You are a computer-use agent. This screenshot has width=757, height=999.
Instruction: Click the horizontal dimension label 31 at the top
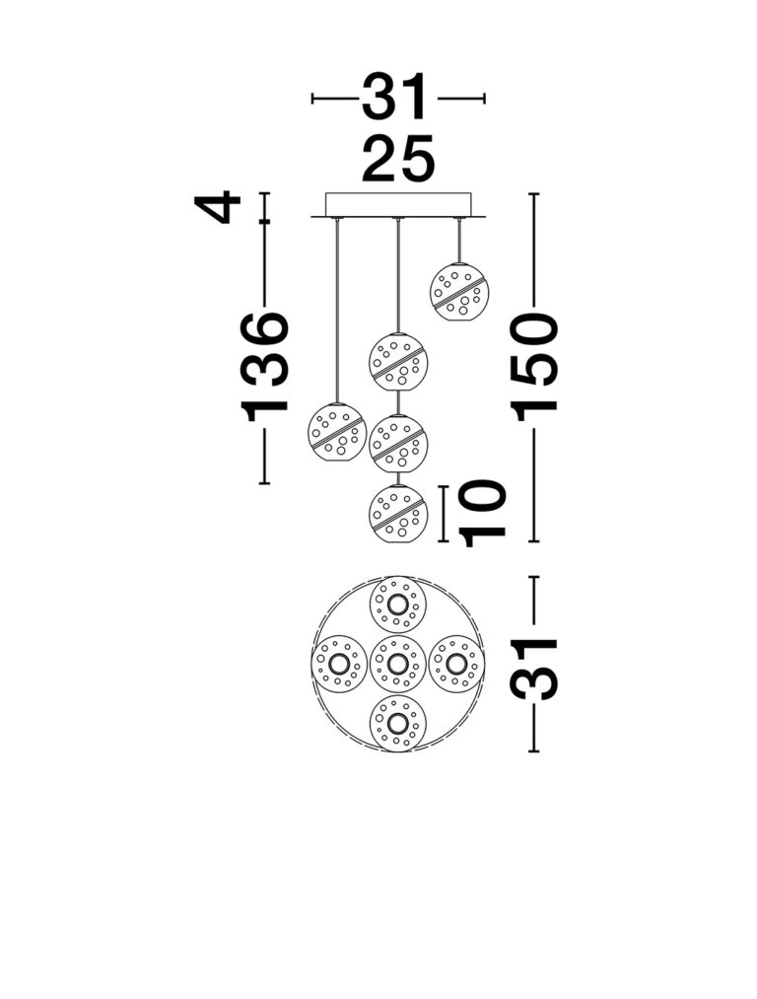pyautogui.click(x=393, y=97)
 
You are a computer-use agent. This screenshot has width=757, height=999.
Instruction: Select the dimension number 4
pyautogui.click(x=217, y=207)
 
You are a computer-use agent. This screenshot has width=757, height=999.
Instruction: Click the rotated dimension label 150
pyautogui.click(x=535, y=368)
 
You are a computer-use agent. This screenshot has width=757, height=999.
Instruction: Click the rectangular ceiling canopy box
pyautogui.click(x=398, y=205)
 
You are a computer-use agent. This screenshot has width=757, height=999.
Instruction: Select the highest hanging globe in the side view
pyautogui.click(x=459, y=291)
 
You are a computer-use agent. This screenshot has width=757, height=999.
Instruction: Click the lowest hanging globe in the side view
pyautogui.click(x=398, y=514)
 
